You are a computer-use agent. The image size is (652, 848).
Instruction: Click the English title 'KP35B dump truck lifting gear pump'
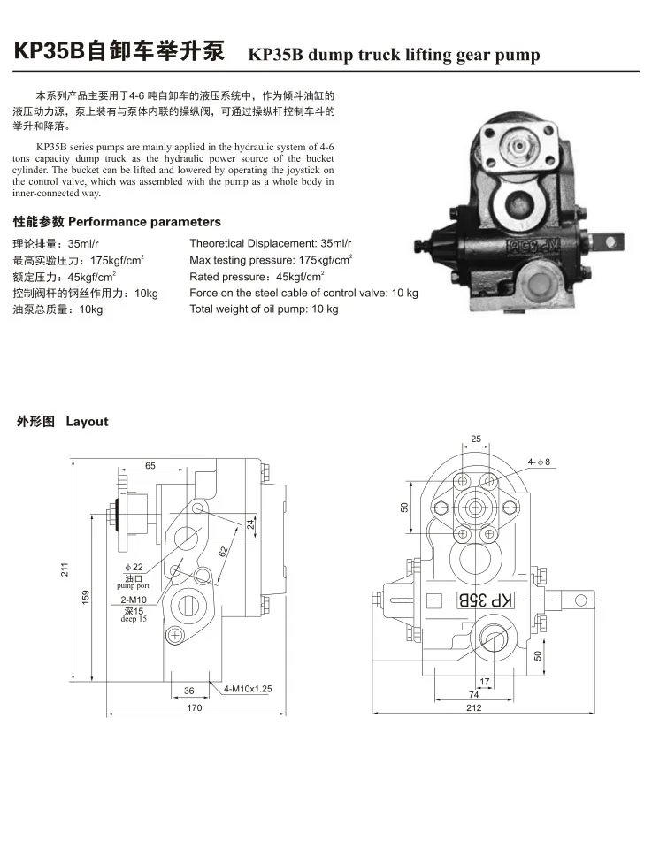[x=394, y=55]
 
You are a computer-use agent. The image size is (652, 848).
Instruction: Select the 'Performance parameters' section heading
[x=117, y=222]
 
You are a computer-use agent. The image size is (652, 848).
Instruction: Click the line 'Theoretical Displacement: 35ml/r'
[x=271, y=243]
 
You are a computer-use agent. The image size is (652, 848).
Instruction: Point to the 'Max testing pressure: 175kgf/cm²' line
[x=272, y=260]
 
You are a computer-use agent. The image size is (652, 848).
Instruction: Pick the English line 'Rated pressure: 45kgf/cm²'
[x=257, y=276]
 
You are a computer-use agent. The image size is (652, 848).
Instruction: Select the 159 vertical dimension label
[x=86, y=597]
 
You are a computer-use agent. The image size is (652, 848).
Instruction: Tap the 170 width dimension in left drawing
[x=195, y=708]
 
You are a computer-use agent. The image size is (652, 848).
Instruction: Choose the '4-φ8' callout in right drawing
[x=539, y=462]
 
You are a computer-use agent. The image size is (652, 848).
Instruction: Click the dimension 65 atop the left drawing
[x=150, y=465]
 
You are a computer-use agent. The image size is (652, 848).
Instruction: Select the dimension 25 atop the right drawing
[x=476, y=439]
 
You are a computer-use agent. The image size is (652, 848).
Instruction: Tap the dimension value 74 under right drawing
[x=473, y=695]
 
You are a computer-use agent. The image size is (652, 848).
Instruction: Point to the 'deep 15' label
[x=134, y=620]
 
